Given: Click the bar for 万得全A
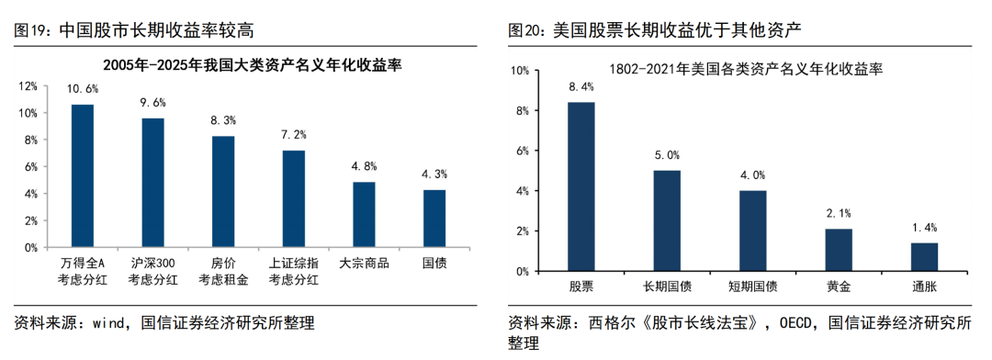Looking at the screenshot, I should click(x=83, y=175).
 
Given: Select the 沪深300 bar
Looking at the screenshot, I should click(x=152, y=183).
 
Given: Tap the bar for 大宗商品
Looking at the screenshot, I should click(x=364, y=214).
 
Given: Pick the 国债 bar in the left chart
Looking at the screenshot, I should click(x=434, y=218).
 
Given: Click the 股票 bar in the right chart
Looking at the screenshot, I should click(x=581, y=186).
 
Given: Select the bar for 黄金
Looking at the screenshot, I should click(x=839, y=250).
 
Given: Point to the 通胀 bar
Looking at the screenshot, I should click(x=925, y=257).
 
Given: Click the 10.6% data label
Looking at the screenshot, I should click(x=83, y=89).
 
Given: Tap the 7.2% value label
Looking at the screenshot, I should click(x=294, y=135).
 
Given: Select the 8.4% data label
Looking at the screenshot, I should click(x=581, y=86).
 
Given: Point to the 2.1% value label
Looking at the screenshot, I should click(x=839, y=213).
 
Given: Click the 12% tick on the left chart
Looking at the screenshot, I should click(x=28, y=85).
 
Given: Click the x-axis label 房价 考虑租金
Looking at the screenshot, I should click(x=223, y=271).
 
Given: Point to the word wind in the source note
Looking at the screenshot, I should click(x=109, y=323).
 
